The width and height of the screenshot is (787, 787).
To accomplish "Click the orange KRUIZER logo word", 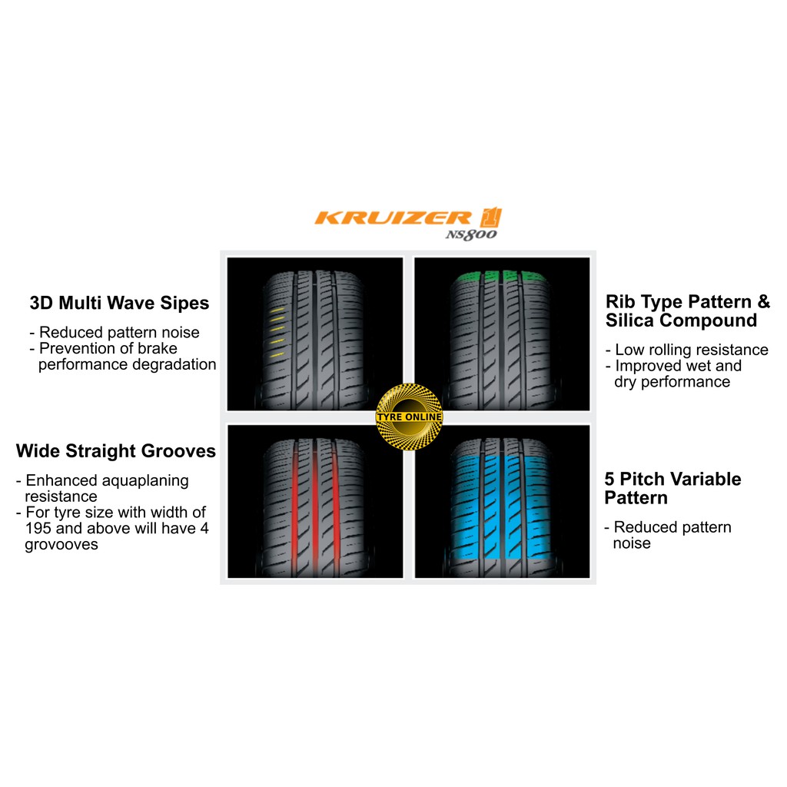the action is (x=393, y=218).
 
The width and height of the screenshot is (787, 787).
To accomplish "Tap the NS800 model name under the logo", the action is (x=471, y=234).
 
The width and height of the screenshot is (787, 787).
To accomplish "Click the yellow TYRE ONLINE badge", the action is (x=409, y=417).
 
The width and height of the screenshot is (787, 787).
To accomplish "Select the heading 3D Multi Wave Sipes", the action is (x=119, y=303).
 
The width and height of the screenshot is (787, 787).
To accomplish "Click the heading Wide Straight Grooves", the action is (x=116, y=450).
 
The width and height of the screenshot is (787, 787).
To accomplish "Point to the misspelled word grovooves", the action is (x=61, y=545).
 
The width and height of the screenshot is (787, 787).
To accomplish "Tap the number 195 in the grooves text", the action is (x=38, y=528).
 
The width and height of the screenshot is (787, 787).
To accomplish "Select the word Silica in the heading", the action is (x=630, y=320).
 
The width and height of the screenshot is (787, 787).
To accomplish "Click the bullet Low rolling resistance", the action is (x=687, y=350).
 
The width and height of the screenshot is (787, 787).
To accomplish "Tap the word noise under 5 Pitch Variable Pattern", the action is (x=632, y=543).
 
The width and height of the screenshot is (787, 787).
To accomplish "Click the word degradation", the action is (x=177, y=364).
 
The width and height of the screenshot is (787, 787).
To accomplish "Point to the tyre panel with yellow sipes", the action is (x=314, y=334).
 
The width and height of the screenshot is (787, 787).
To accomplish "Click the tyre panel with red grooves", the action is (x=315, y=501).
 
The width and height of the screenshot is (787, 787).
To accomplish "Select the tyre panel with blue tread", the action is (x=502, y=501).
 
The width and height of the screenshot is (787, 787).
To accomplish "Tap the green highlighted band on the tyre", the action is (x=500, y=277).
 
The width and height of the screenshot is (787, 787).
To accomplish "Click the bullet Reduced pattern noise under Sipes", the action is (x=115, y=332).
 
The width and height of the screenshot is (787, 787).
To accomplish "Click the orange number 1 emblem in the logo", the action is (x=491, y=218).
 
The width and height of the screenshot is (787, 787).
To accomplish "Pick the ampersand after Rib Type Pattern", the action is (x=763, y=301).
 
